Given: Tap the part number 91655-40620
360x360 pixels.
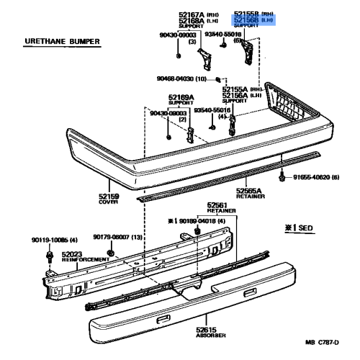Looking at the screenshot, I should [314, 177].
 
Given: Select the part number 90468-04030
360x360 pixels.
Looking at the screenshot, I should [175, 79].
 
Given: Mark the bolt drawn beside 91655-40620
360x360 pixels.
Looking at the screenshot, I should [282, 176].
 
